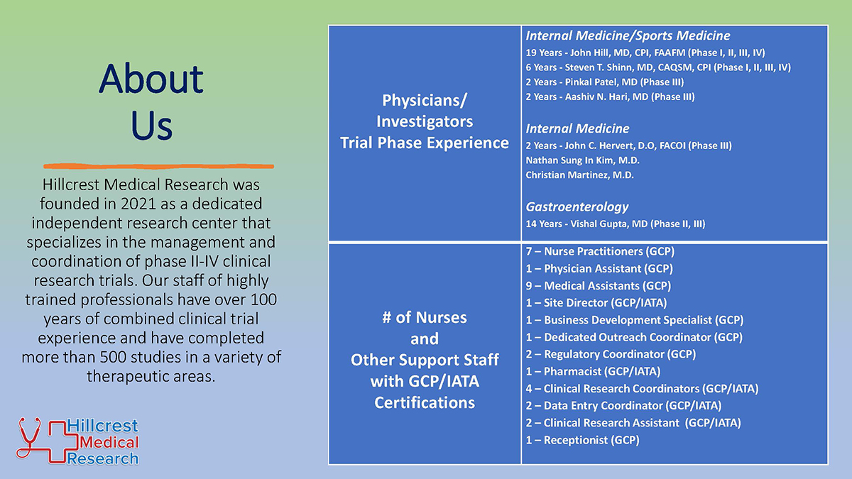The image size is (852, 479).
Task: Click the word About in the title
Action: [151, 79]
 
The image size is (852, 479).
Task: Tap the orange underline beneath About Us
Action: [158, 166]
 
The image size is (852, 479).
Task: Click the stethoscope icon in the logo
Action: [29, 438]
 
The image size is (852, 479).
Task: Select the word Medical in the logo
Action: [109, 442]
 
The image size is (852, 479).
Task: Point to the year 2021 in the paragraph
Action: [138, 204]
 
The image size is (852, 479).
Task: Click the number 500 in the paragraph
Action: [114, 357]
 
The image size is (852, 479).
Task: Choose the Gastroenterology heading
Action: [577, 207]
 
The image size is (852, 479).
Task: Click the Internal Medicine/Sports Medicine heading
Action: [628, 35]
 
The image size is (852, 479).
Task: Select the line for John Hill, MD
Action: [645, 53]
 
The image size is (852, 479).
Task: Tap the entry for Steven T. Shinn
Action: [658, 67]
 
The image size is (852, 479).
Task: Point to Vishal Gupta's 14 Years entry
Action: [616, 224]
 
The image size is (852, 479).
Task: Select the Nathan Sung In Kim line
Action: [582, 160]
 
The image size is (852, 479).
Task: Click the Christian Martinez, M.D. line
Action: [579, 175]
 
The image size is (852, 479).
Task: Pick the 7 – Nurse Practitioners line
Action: [600, 251]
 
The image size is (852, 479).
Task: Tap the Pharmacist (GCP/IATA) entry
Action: [593, 371]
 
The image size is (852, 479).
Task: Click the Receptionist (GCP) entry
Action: [582, 440]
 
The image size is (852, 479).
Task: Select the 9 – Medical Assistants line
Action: [599, 285]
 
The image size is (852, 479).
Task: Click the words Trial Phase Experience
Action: [425, 143]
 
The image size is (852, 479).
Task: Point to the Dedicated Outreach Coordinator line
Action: [634, 337]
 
